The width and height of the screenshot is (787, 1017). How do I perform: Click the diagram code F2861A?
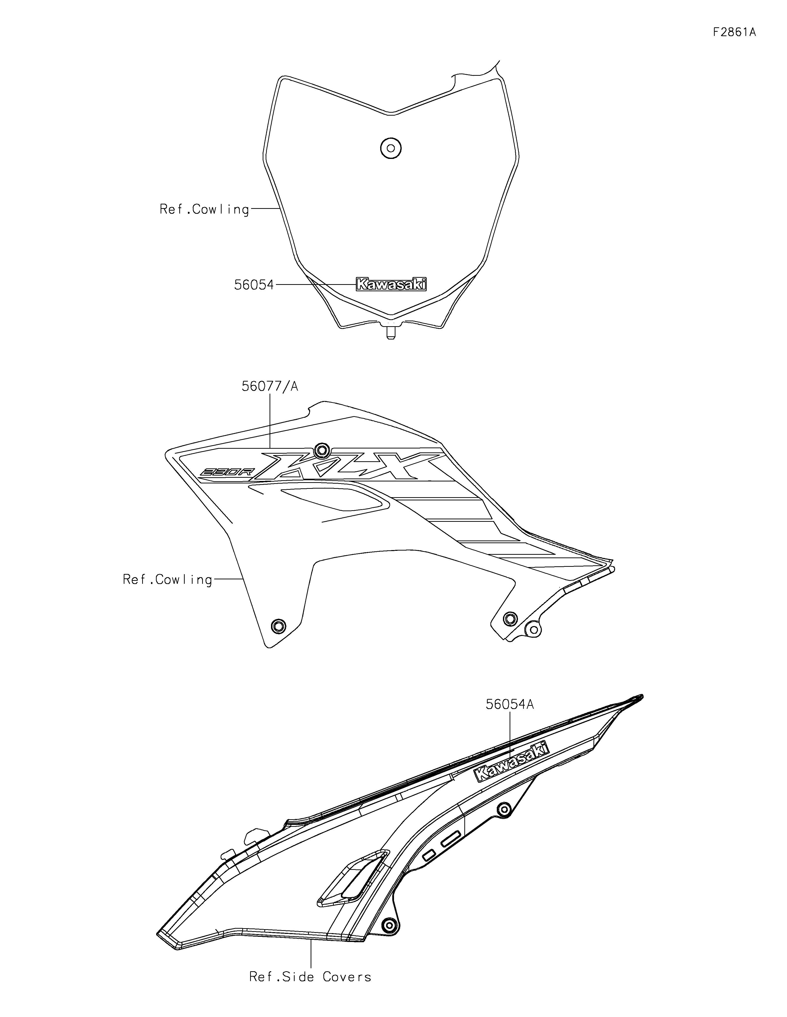coord(734,32)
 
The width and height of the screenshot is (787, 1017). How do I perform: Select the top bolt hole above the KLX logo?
coord(321,450)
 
